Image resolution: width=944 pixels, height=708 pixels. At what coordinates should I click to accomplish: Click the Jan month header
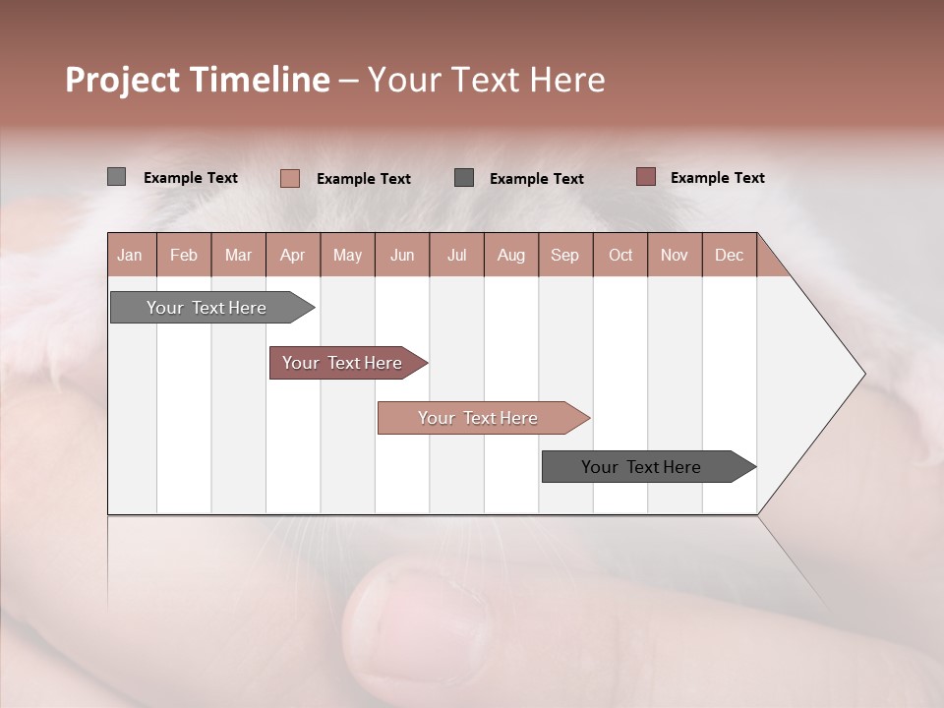point(131,255)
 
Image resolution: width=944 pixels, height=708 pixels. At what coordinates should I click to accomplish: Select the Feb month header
point(184,255)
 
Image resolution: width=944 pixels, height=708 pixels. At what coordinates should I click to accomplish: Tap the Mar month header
point(238,255)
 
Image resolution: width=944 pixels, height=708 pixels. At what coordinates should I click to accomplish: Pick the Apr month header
point(293,255)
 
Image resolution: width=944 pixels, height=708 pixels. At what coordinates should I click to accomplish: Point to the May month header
point(347,255)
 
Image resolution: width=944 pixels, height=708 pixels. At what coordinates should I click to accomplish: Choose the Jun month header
point(402,255)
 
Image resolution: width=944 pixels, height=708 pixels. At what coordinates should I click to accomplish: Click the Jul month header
point(456,255)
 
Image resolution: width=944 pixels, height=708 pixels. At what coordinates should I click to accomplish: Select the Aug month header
point(511,255)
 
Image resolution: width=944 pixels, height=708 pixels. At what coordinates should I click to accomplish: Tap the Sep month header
point(565,255)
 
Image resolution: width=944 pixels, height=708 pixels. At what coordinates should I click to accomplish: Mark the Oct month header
point(620,255)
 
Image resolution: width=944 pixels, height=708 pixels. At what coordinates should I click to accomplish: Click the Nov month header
point(675,255)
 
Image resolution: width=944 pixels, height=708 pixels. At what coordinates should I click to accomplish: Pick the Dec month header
point(730,255)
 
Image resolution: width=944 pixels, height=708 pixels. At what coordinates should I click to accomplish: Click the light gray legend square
point(116,177)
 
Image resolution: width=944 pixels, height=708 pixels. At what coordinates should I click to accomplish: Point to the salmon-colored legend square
point(289,178)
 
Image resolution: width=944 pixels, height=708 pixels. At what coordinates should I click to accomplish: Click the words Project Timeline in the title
point(198,80)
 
